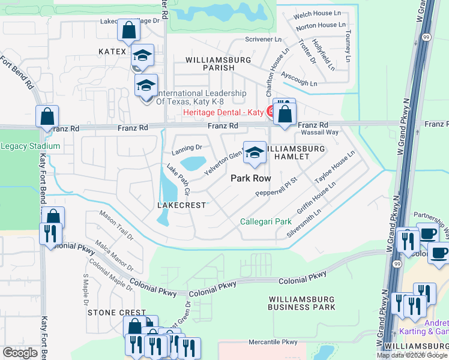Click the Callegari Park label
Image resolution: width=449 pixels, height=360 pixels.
(x=266, y=221)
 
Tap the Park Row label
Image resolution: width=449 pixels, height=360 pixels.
(x=251, y=178)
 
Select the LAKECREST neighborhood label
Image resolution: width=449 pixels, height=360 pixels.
(x=181, y=205)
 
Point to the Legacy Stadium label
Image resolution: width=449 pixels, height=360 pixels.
(x=30, y=146)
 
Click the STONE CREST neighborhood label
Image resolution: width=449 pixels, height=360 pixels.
(x=117, y=313)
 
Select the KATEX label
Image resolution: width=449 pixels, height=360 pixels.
(x=112, y=52)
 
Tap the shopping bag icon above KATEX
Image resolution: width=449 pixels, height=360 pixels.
(x=128, y=29)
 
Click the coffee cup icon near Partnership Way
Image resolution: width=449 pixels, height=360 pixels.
(x=428, y=233)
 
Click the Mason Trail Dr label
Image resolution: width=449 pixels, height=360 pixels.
(x=117, y=224)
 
